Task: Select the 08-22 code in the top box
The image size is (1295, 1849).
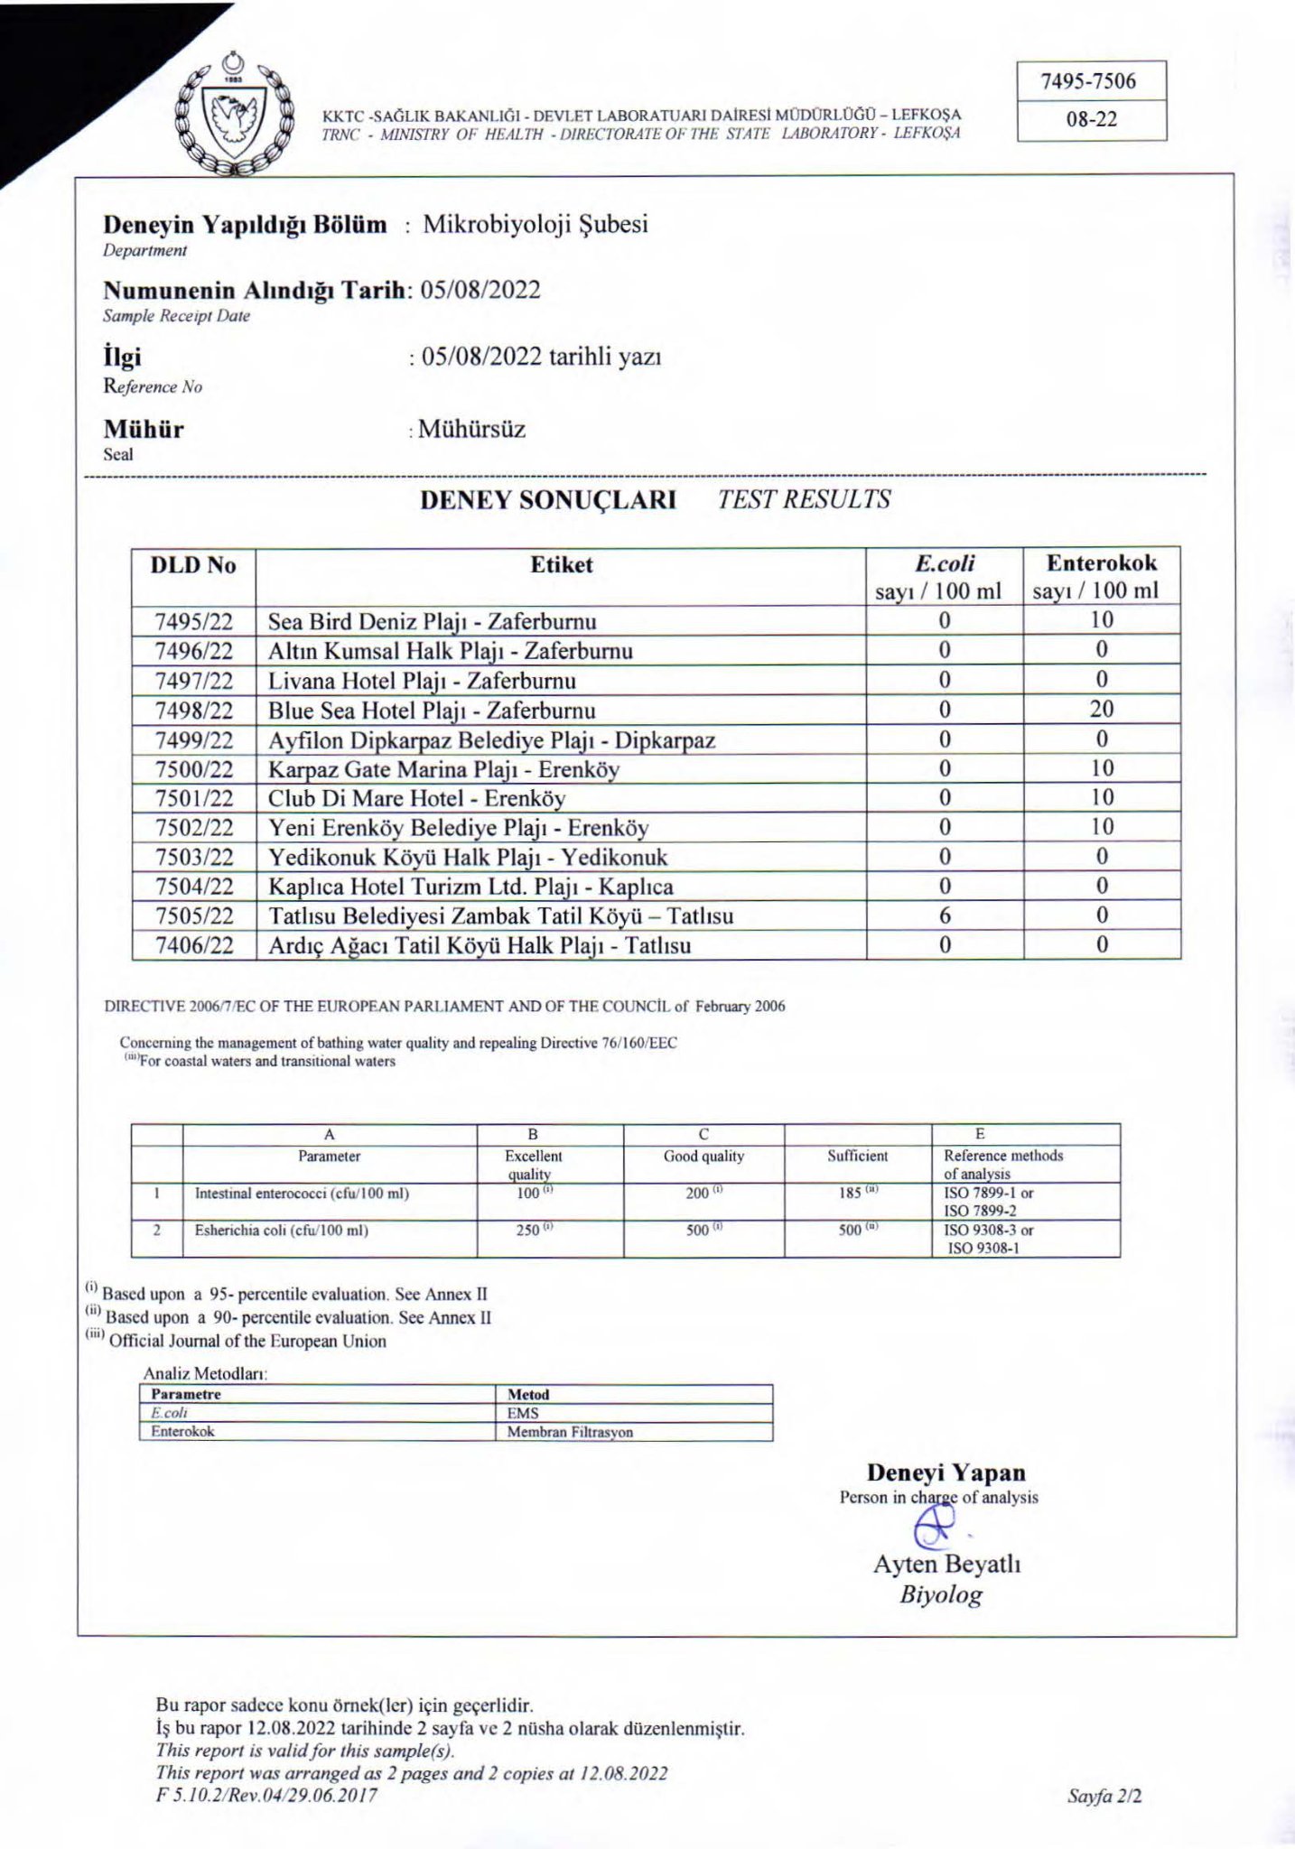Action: click(1091, 120)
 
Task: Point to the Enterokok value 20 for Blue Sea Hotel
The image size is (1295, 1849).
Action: click(1101, 709)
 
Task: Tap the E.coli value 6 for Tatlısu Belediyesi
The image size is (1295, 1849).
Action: click(945, 915)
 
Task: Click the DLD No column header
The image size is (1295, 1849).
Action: click(193, 565)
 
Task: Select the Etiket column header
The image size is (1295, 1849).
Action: click(561, 565)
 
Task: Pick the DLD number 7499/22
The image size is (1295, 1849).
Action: click(193, 740)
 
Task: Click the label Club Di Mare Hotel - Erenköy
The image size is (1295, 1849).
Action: click(416, 798)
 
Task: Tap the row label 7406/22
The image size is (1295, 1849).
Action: click(193, 945)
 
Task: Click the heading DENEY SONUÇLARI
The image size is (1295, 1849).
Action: click(547, 499)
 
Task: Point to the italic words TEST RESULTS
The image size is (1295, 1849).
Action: click(804, 499)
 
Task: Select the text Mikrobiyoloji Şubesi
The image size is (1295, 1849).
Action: click(536, 224)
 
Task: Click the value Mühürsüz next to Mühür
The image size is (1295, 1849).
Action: click(471, 429)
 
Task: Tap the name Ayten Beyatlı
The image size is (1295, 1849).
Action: click(946, 1564)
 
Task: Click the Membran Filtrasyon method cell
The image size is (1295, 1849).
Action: click(570, 1432)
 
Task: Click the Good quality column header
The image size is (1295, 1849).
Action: click(703, 1156)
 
